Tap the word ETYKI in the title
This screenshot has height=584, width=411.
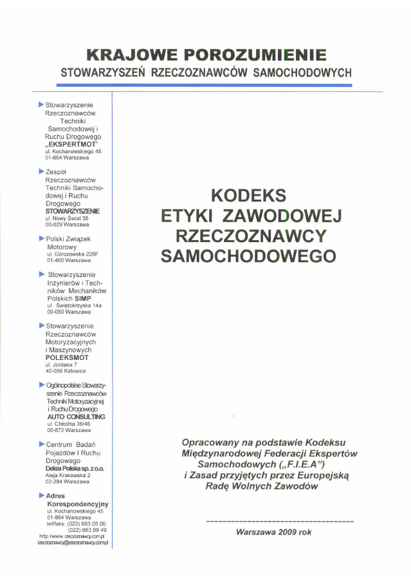(x=187, y=214)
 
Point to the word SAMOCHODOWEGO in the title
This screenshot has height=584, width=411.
(x=248, y=256)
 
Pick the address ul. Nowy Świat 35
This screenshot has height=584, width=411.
(x=67, y=218)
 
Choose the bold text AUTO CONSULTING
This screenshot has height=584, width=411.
(x=76, y=417)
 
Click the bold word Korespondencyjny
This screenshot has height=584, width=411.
(x=77, y=503)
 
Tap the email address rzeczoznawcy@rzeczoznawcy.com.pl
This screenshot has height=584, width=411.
(x=75, y=543)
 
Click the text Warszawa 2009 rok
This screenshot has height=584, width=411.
(x=274, y=532)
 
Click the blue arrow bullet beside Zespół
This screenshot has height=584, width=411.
(x=41, y=172)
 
